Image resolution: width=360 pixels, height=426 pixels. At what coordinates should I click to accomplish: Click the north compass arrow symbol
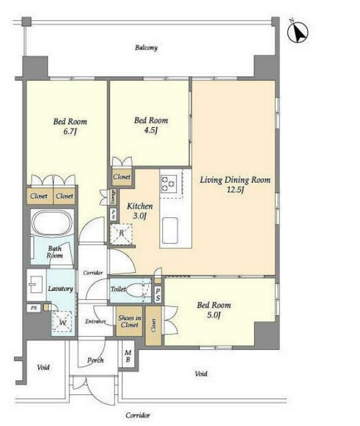[x=298, y=32]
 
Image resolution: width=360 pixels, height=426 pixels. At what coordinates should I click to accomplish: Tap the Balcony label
[x=146, y=48]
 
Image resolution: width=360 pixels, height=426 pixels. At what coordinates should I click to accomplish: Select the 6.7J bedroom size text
[x=69, y=132]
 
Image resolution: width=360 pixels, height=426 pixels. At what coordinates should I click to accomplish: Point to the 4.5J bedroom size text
[x=151, y=130]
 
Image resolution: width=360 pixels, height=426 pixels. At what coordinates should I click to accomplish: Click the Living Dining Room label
[x=235, y=180]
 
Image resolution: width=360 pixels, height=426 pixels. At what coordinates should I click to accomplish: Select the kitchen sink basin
[x=170, y=231]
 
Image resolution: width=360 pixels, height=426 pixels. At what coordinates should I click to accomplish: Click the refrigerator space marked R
[x=121, y=233]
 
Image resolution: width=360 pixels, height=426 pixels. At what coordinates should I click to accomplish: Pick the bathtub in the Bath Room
[x=52, y=223]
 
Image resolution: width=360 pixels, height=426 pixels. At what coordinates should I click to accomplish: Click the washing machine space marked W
[x=63, y=322]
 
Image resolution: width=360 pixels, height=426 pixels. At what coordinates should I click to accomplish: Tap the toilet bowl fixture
[x=135, y=290]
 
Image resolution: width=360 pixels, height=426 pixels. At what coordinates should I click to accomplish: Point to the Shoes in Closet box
[x=129, y=321]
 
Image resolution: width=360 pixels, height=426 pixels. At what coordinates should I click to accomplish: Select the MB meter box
[x=128, y=356]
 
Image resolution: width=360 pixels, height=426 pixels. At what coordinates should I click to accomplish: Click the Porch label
[x=96, y=360]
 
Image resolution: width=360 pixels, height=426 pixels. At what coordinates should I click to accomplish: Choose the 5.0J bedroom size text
[x=214, y=315]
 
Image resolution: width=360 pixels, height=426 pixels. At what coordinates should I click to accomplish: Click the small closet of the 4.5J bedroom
[x=122, y=177]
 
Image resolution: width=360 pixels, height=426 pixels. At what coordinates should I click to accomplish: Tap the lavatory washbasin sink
[x=36, y=284]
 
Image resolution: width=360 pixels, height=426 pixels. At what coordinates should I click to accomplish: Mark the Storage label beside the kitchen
[x=113, y=197]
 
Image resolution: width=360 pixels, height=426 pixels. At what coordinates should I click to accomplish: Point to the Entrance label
[x=95, y=321]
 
